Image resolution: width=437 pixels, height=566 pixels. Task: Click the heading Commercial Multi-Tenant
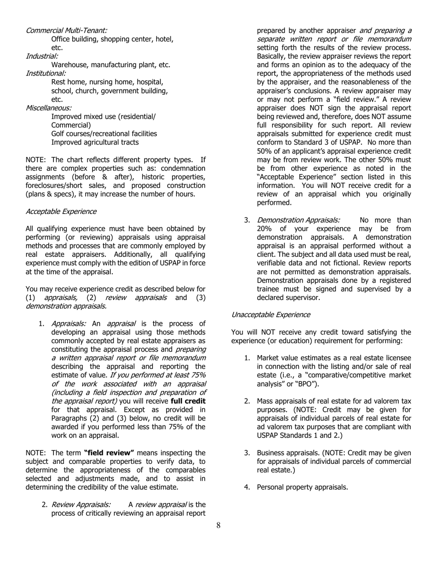66,30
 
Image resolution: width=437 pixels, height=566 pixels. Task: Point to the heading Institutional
46,73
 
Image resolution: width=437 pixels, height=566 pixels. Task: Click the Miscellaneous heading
48,108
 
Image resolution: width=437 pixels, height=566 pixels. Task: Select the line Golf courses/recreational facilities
104,133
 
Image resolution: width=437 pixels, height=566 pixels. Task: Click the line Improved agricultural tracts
95,142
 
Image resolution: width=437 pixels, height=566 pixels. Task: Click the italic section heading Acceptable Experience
61,211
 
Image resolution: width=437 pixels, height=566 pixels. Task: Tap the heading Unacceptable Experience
270,315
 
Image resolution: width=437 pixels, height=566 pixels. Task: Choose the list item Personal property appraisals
302,487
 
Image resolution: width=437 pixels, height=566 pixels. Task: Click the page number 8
218,526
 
